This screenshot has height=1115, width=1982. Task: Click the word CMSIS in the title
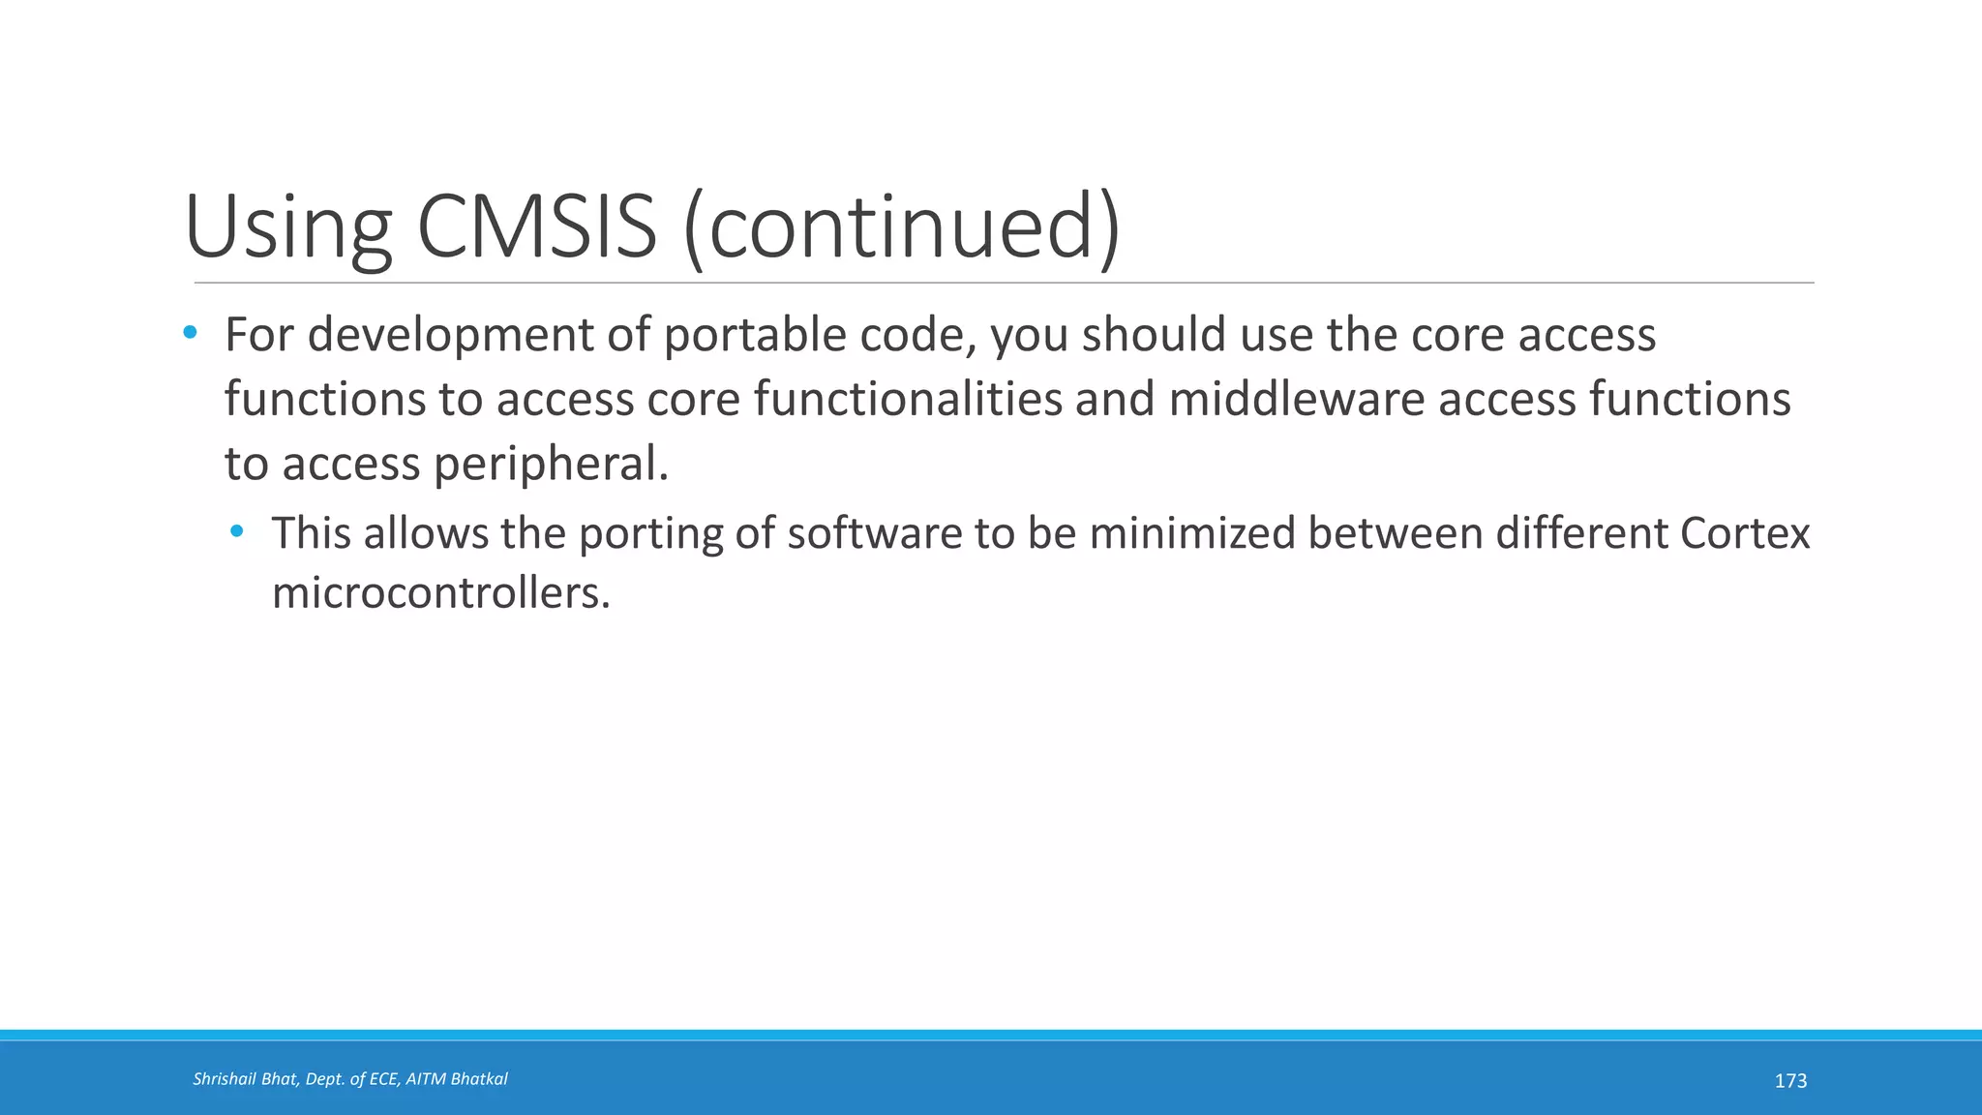pos(537,227)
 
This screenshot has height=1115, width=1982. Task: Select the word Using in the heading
pos(287,227)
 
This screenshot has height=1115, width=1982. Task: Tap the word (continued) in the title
pos(902,227)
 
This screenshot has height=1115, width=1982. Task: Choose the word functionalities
pos(908,399)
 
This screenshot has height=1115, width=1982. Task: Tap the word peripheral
pos(550,464)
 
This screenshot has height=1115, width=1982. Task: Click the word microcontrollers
pos(440,592)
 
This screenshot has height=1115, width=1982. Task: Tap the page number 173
pos(1790,1081)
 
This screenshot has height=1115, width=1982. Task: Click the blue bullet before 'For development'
pos(190,333)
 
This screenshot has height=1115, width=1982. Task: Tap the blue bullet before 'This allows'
pos(237,531)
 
